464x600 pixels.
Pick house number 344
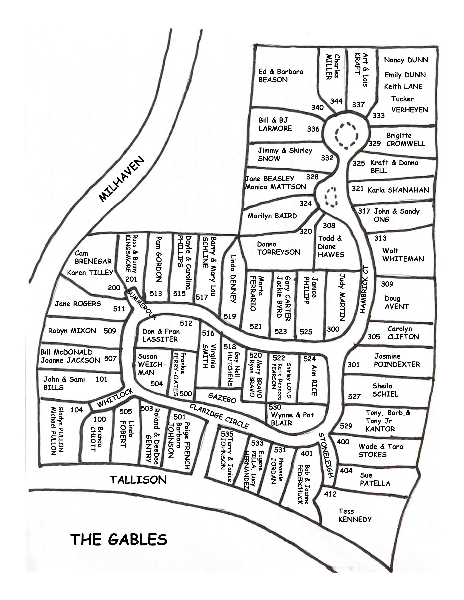click(336, 101)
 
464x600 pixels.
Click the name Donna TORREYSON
click(278, 248)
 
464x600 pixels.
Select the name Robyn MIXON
click(72, 331)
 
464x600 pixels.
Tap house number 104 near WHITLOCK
click(76, 410)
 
